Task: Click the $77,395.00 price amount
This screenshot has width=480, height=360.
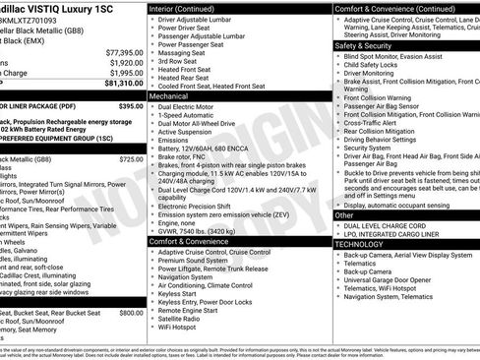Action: (119, 51)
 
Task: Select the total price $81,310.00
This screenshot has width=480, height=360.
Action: (119, 84)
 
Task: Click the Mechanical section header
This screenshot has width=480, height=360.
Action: (169, 97)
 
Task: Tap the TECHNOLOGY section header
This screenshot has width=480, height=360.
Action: (366, 244)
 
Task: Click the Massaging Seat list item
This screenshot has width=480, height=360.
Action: (183, 52)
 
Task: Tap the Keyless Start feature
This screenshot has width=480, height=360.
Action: (178, 292)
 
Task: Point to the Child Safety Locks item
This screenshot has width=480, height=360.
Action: (380, 64)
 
